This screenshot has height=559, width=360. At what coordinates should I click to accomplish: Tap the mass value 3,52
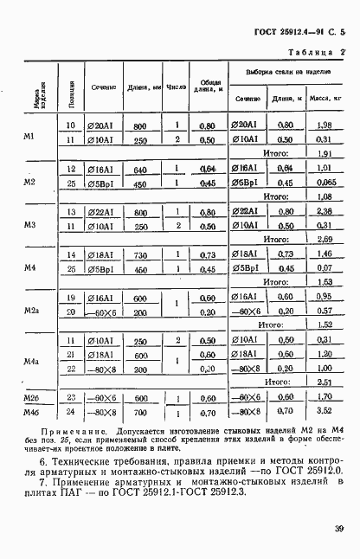click(x=324, y=413)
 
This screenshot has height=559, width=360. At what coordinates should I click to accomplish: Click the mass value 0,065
click(x=324, y=183)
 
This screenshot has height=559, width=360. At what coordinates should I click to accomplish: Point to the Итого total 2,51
click(x=324, y=382)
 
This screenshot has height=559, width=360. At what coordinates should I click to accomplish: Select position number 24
click(x=71, y=413)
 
